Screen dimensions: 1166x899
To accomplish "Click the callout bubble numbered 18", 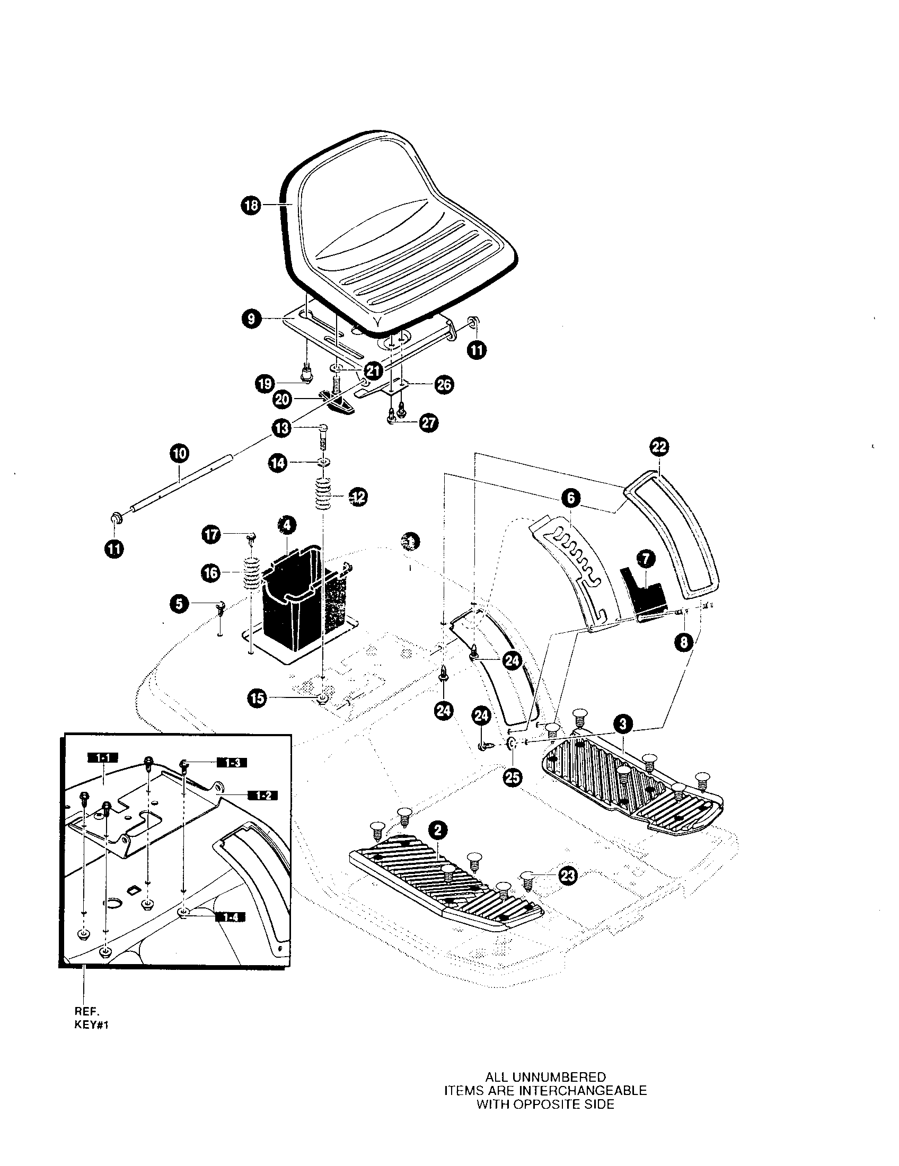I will coord(251,205).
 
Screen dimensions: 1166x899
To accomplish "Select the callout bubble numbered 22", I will coord(659,446).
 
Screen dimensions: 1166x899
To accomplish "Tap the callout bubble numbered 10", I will coord(179,454).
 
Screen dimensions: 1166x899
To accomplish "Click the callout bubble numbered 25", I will coord(513,778).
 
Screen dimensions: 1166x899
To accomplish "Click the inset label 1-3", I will coord(233,763).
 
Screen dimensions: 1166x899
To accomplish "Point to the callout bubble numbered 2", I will coord(438,829).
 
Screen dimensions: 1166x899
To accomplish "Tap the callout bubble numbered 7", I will coord(646,559).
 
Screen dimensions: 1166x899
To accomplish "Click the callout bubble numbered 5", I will coord(179,604).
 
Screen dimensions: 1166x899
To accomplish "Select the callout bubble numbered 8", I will coord(683,642).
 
